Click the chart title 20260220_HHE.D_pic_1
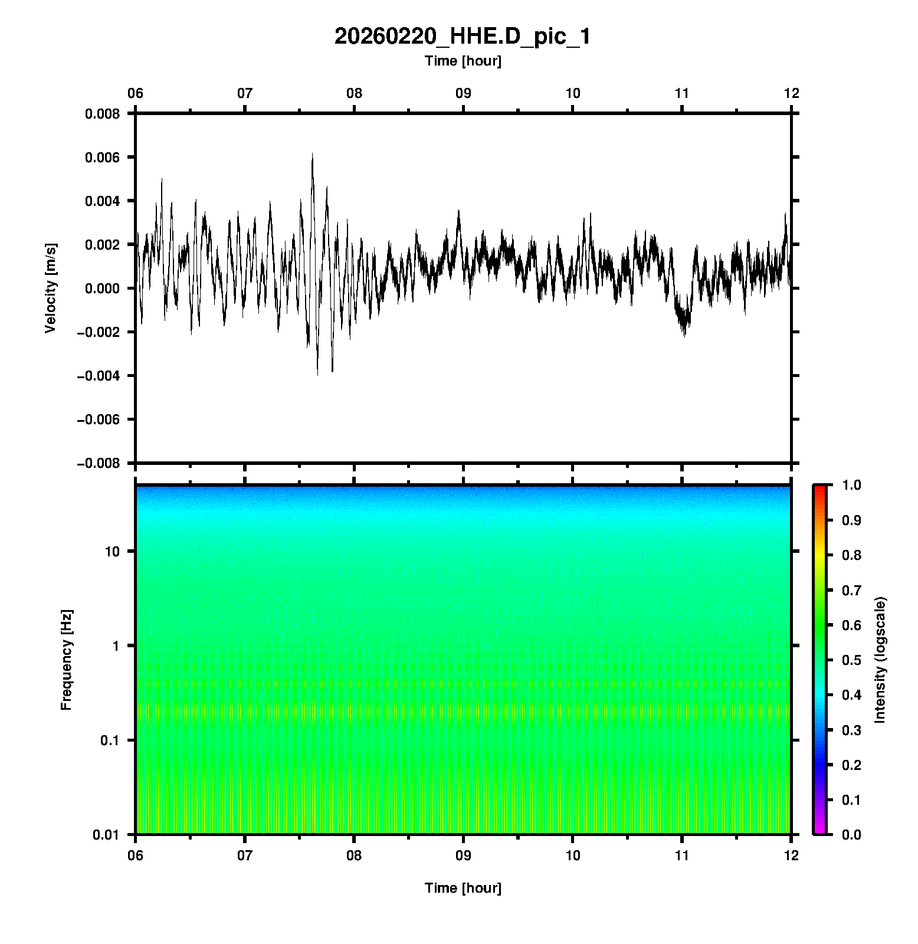click(x=462, y=37)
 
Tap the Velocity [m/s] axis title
click(x=51, y=288)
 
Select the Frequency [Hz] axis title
click(x=67, y=660)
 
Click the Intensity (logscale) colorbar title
click(x=880, y=660)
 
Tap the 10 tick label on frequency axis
click(x=112, y=552)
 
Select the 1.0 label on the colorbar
click(x=853, y=485)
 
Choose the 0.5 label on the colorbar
click(x=853, y=660)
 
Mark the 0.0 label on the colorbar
click(x=853, y=835)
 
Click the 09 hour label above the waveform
click(x=463, y=93)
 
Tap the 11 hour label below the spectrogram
click(x=682, y=855)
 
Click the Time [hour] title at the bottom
click(x=463, y=888)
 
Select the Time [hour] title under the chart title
click(x=463, y=61)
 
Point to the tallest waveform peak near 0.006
click(x=312, y=155)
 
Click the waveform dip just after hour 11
click(x=684, y=334)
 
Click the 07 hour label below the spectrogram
click(x=245, y=855)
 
